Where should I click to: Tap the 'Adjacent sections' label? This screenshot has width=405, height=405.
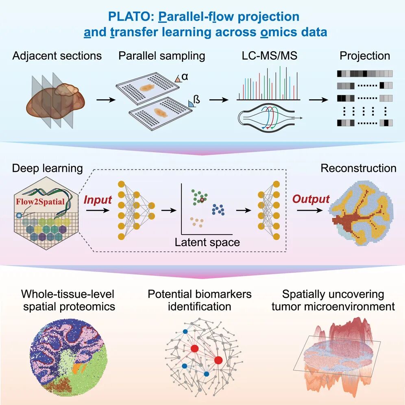click(57, 56)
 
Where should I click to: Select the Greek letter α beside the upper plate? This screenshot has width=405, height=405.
click(185, 77)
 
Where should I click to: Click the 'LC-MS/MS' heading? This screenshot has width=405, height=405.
click(270, 56)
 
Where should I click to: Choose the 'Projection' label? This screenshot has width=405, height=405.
click(365, 56)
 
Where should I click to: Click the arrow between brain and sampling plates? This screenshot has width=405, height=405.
click(106, 100)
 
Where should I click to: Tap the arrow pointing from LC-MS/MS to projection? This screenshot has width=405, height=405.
click(318, 100)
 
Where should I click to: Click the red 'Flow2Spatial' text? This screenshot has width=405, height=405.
click(40, 201)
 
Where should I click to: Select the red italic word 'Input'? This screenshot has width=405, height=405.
click(98, 200)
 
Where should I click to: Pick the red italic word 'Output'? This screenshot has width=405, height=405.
click(311, 199)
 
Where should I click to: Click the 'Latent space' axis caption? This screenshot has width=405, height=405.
click(207, 242)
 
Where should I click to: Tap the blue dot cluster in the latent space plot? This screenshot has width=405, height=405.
click(218, 209)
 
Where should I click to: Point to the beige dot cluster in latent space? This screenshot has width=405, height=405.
click(197, 222)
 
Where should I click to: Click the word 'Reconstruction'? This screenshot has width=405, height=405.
click(359, 168)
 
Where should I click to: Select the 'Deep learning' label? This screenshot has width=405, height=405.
click(48, 168)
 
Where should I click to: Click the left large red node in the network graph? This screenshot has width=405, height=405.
click(194, 349)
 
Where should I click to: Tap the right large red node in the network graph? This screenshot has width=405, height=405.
click(218, 360)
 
